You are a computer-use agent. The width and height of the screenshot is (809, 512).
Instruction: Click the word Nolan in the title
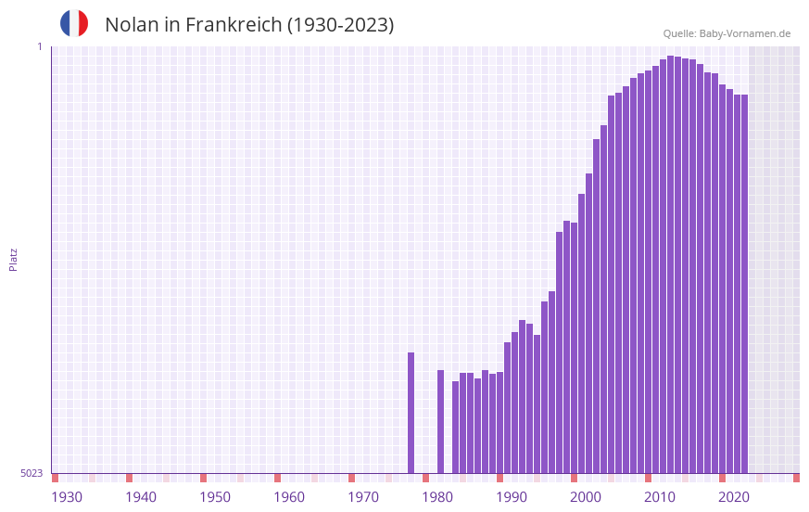[x=132, y=25]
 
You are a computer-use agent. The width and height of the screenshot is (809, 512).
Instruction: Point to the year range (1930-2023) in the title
[x=340, y=25]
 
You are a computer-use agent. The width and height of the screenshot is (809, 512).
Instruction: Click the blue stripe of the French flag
[x=66, y=23]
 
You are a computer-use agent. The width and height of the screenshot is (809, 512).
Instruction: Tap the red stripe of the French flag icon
[x=83, y=23]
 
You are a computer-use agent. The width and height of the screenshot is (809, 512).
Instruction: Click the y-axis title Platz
[x=13, y=259]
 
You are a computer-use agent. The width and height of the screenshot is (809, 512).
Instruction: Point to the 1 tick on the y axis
[x=40, y=46]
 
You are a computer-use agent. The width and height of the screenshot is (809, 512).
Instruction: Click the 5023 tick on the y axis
[x=32, y=473]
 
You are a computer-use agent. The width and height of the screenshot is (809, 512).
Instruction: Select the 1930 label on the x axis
[x=67, y=497]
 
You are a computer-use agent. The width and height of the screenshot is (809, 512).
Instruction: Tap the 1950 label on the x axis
[x=215, y=497]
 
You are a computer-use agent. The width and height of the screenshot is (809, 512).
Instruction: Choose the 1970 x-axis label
[x=363, y=497]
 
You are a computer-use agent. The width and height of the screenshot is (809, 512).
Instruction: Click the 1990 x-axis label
[x=512, y=497]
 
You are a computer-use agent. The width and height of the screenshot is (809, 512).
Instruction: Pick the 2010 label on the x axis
[x=660, y=497]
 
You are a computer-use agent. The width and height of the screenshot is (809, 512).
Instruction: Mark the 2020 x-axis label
[x=734, y=497]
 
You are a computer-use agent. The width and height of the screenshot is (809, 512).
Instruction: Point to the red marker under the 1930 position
[x=56, y=478]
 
